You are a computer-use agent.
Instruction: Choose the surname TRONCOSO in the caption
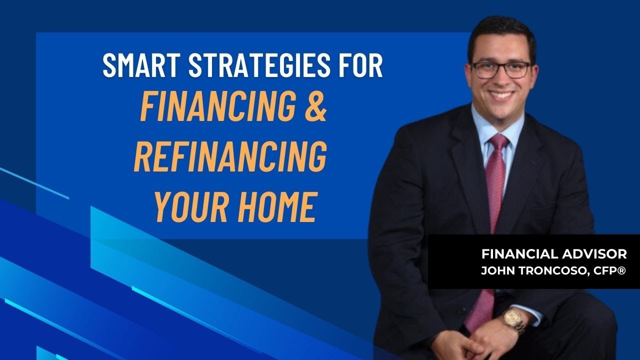coord(548,270)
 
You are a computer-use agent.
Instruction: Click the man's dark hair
coord(500,32)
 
